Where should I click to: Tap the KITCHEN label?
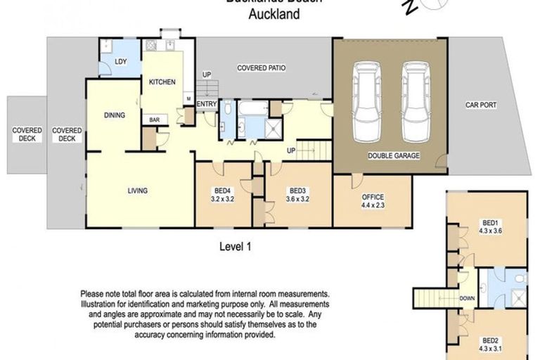click(162, 82)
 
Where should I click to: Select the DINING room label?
click(115, 116)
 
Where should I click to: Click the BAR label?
click(153, 120)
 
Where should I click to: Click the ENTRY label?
click(207, 105)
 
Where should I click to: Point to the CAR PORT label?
click(481, 105)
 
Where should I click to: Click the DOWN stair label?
click(465, 298)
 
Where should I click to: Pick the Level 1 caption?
click(236, 246)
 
